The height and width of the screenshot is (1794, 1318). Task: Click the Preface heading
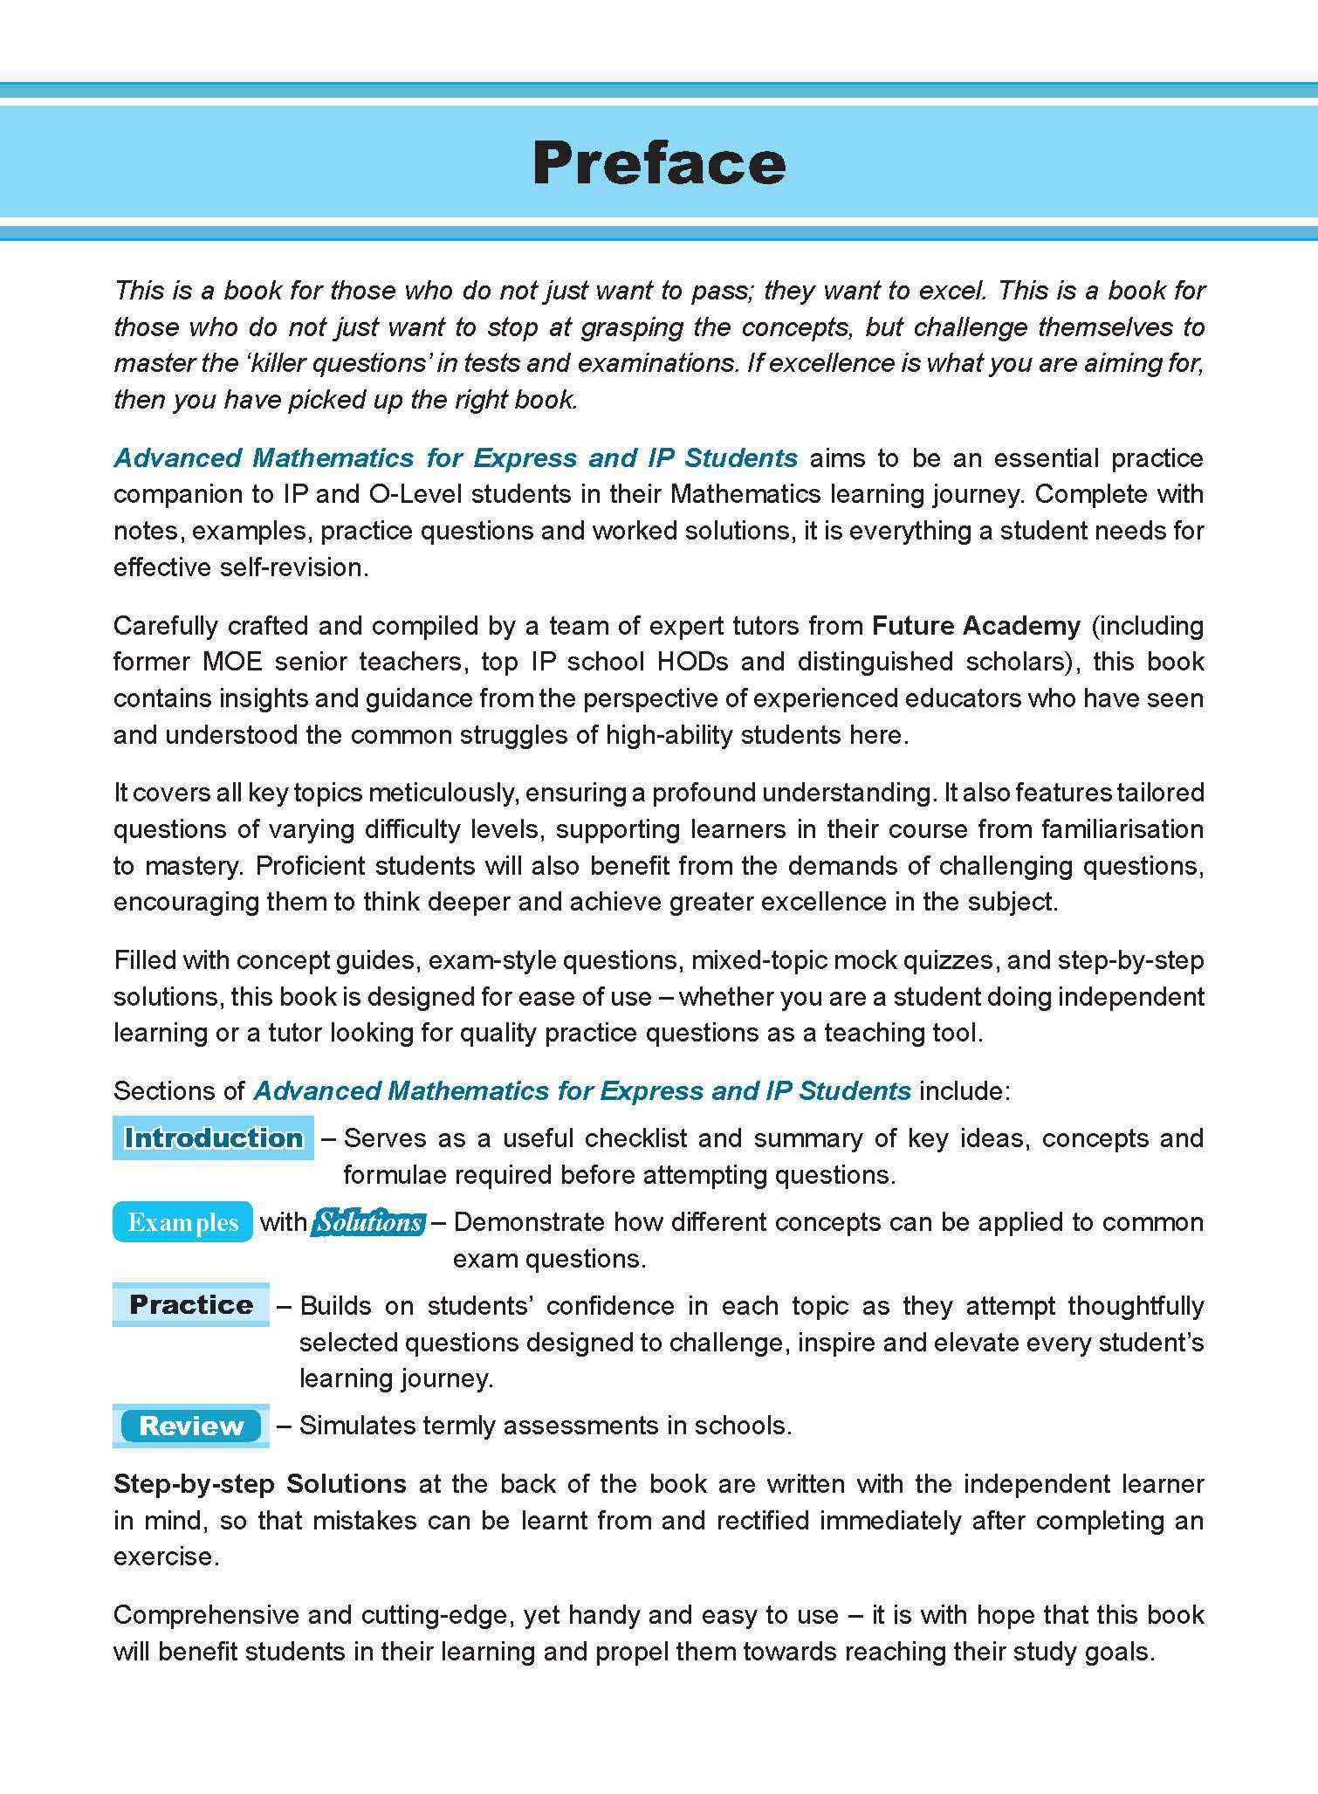[x=659, y=162]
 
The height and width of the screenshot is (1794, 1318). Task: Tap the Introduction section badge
[x=213, y=1138]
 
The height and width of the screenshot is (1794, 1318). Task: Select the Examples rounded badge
[x=182, y=1221]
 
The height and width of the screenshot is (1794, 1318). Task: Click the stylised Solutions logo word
[x=369, y=1221]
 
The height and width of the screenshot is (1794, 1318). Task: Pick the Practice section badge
[x=191, y=1304]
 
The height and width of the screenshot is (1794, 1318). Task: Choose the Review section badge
[x=191, y=1426]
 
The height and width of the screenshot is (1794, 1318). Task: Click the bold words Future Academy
[x=976, y=625]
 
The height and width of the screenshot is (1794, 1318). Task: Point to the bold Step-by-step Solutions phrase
[x=260, y=1483]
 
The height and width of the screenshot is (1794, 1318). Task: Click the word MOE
[x=232, y=662]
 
